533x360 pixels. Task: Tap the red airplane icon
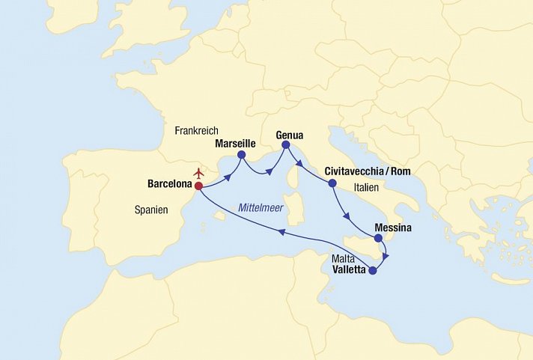click(x=198, y=173)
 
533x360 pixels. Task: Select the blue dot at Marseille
click(x=241, y=156)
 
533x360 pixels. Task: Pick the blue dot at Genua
click(x=285, y=146)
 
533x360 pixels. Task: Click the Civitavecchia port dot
click(x=332, y=183)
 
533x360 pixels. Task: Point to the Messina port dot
click(x=379, y=238)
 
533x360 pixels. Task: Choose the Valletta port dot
click(x=373, y=271)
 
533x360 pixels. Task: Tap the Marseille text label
click(x=236, y=142)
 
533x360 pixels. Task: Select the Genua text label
click(x=290, y=135)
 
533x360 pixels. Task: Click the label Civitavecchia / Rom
click(x=368, y=171)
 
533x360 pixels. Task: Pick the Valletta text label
click(x=350, y=272)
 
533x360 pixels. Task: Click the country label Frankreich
click(x=196, y=130)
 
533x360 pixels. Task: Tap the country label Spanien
click(x=152, y=211)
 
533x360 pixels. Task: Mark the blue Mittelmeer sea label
click(x=261, y=208)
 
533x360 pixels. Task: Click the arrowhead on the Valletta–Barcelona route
click(x=281, y=233)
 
